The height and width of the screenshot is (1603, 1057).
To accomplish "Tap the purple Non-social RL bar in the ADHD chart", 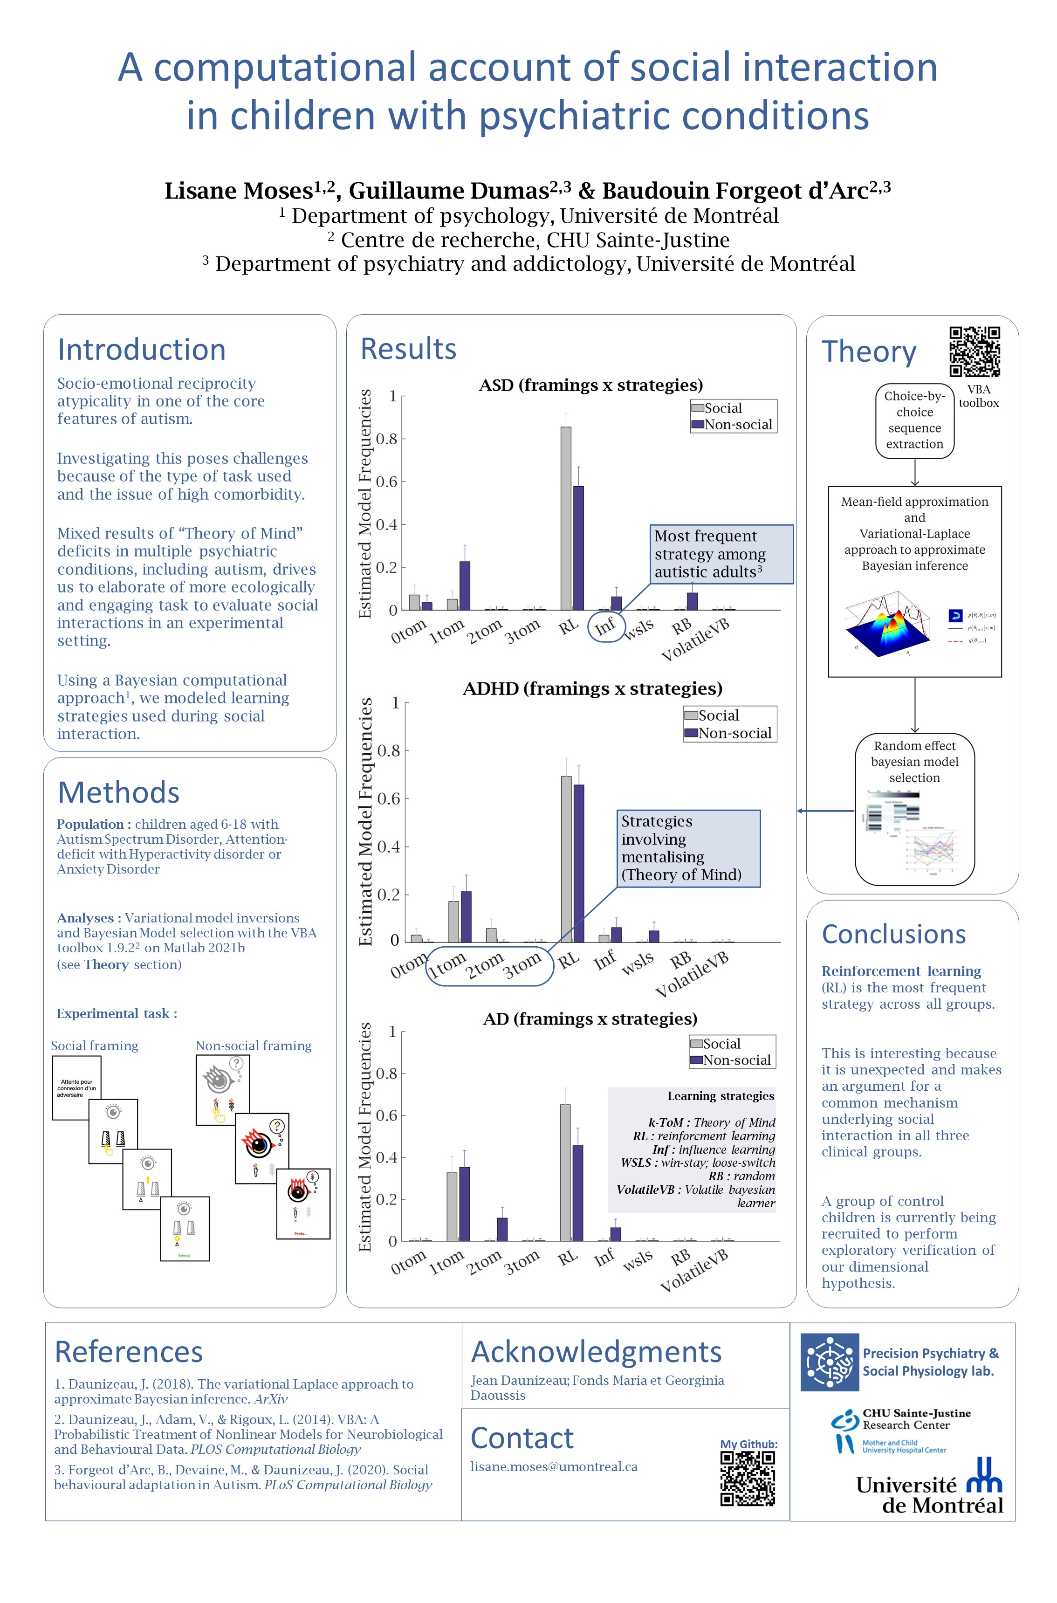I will tap(578, 863).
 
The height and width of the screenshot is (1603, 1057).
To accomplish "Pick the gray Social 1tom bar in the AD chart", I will tap(452, 1207).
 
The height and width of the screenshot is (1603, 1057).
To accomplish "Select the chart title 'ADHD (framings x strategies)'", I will tap(592, 688).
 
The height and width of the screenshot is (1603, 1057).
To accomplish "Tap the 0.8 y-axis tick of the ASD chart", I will tap(387, 439).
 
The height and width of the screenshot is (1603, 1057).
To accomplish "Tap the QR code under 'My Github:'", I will tap(748, 1478).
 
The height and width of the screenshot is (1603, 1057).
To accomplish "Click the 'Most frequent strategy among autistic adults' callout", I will tap(721, 554).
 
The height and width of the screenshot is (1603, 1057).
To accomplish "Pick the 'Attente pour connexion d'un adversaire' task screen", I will tap(77, 1088).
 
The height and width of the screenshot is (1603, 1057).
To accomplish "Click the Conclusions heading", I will tap(893, 934).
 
